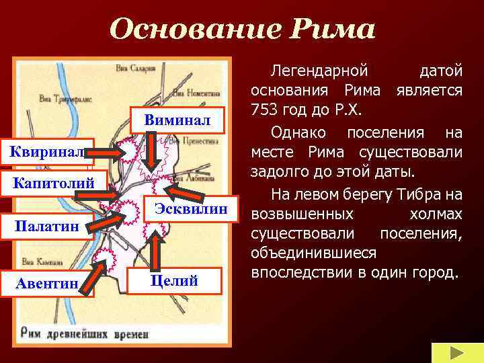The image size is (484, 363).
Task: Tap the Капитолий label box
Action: click(x=53, y=183)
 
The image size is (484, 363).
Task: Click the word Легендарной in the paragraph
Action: click(x=319, y=70)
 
